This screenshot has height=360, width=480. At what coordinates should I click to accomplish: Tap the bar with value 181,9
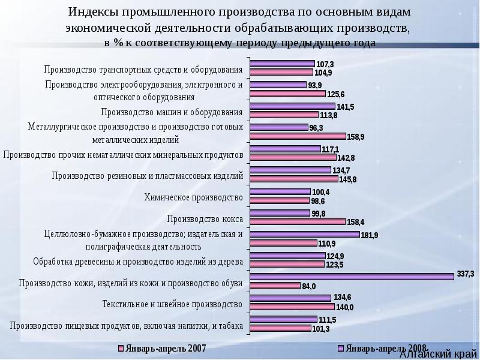(304, 234)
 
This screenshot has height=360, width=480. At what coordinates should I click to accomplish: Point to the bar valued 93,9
(278, 85)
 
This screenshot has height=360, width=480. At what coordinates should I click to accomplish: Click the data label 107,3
(325, 64)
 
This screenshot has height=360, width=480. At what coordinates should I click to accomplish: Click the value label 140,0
(344, 307)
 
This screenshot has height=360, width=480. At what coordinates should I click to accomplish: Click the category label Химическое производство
(193, 197)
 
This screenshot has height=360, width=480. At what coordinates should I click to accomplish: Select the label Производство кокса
(205, 218)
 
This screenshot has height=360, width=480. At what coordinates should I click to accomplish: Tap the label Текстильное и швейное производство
(172, 304)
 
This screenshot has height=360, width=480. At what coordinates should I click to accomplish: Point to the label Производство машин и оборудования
(172, 112)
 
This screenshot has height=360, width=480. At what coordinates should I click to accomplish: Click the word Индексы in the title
(94, 13)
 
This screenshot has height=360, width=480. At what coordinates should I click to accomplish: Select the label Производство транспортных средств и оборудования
(143, 69)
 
